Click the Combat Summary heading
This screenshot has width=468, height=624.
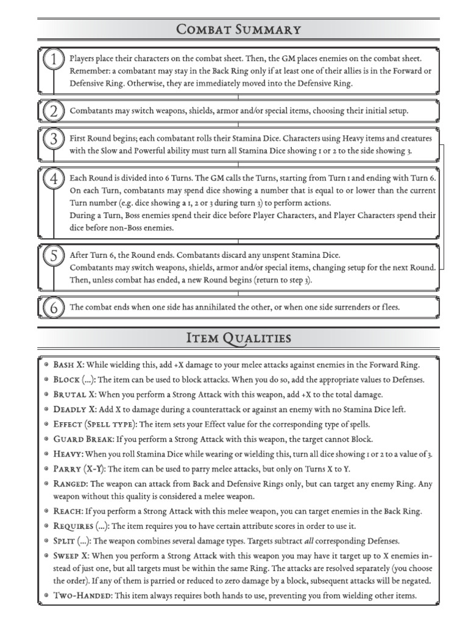238,29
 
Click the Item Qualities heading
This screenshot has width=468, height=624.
238,338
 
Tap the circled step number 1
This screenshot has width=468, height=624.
54,60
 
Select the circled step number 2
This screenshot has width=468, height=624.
54,112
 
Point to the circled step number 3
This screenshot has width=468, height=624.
54,139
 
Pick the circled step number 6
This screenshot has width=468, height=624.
54,308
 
